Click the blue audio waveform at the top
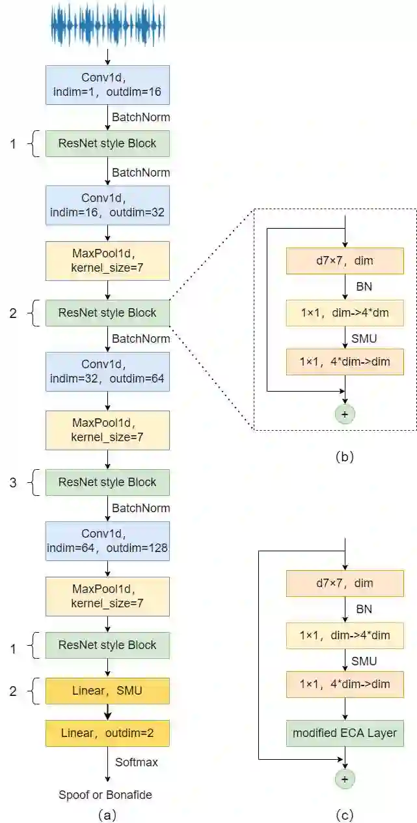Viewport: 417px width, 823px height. [x=108, y=25]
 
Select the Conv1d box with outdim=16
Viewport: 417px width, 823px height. [x=107, y=85]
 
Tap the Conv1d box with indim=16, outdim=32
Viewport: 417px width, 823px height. [x=107, y=205]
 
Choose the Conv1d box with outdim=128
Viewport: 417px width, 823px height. [x=107, y=541]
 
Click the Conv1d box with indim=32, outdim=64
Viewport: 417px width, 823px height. [x=107, y=371]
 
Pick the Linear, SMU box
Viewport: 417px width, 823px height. [x=107, y=691]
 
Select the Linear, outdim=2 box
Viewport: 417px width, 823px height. [x=107, y=733]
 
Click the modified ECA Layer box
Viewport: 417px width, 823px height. [x=345, y=733]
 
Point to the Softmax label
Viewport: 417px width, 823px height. [x=137, y=762]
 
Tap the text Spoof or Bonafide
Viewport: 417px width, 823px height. [x=105, y=795]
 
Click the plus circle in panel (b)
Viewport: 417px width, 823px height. [x=345, y=414]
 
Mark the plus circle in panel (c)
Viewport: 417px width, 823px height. [x=345, y=779]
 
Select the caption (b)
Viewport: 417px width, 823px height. [x=345, y=456]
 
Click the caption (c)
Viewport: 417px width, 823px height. [x=345, y=815]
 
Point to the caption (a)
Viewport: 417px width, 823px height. [x=107, y=815]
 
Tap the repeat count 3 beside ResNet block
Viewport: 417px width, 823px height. [x=13, y=482]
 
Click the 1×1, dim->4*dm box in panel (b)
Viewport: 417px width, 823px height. [x=345, y=313]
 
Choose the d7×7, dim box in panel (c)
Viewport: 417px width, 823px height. [x=345, y=583]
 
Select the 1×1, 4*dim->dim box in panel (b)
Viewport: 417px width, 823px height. [x=345, y=362]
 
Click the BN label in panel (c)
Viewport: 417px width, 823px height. [x=364, y=609]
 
